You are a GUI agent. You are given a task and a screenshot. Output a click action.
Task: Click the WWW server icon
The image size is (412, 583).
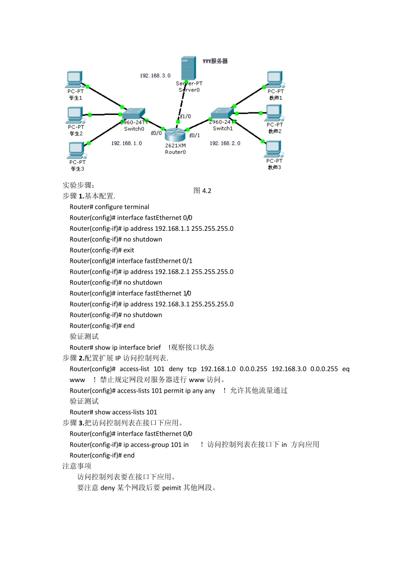point(188,68)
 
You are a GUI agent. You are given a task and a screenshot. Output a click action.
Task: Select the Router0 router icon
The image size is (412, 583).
point(175,134)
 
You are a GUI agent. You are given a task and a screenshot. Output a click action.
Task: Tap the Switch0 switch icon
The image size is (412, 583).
point(133,114)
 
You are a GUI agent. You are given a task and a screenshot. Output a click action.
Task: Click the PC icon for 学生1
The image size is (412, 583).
point(75,79)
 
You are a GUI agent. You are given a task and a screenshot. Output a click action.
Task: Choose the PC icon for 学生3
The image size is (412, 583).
point(76,151)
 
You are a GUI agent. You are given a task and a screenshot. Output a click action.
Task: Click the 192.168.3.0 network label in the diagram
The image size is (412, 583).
point(155,75)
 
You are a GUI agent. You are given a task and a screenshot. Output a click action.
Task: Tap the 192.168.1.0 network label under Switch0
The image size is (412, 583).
point(126,143)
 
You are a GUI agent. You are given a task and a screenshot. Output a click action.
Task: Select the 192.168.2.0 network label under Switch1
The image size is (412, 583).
point(225,143)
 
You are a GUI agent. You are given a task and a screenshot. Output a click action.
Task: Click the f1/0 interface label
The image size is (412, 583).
point(185,116)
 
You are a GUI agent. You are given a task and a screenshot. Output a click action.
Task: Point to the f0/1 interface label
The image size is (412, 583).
point(194,135)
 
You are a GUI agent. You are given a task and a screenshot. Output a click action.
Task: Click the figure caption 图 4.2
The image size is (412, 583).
point(202,191)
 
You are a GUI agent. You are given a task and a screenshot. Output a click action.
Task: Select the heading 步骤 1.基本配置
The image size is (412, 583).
point(89,196)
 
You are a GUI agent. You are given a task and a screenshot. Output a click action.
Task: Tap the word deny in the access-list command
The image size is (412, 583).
point(176,369)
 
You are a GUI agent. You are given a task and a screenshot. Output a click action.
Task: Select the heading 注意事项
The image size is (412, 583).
point(77,466)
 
